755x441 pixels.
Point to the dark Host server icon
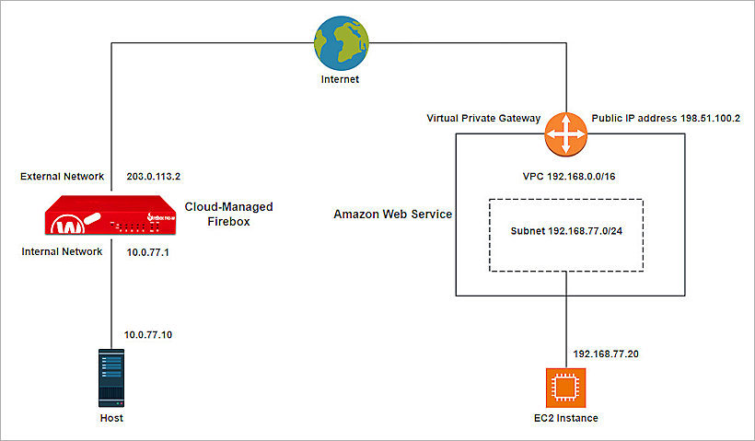tap(110, 377)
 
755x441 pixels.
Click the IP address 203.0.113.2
tap(152, 175)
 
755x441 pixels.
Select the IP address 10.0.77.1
tap(146, 251)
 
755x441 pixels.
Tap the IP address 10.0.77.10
tap(148, 335)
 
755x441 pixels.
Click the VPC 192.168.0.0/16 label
tap(570, 175)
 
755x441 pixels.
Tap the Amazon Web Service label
tap(393, 215)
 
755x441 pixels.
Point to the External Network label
tap(62, 175)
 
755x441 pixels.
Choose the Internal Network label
tap(62, 251)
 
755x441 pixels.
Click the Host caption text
tap(110, 418)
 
